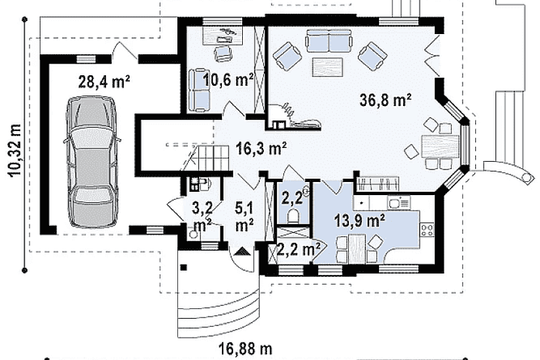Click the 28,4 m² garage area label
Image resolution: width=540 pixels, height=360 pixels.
pos(104,82)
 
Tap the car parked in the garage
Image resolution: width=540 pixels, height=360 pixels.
pos(92,162)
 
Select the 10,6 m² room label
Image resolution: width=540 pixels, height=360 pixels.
pos(228,80)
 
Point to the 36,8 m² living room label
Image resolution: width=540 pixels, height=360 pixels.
pos(386,100)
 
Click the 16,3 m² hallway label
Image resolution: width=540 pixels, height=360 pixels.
pos(261,149)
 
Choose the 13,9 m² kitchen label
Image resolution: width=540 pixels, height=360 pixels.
pos(359,221)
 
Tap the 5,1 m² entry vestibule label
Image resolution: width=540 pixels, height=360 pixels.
pos(245,217)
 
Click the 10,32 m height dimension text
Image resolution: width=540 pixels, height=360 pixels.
pos(15,151)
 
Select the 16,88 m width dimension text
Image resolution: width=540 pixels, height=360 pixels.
pos(245,349)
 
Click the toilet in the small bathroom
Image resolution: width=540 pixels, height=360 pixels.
pos(293,215)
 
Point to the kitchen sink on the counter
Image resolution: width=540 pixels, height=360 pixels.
pos(399,202)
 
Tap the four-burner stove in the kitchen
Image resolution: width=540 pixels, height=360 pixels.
pos(427,230)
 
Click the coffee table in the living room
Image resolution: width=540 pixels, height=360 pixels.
pos(327,66)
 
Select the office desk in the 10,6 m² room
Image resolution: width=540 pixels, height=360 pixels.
pos(223,36)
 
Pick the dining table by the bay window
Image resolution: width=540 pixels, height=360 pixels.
pos(440,146)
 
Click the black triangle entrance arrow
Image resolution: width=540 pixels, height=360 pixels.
pos(242,252)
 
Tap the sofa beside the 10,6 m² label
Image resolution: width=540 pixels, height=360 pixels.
pos(199,90)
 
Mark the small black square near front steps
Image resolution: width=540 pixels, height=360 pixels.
pos(183,267)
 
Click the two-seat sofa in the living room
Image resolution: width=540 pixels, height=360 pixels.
pos(329,41)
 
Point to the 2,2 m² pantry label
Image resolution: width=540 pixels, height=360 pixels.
pos(298,249)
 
